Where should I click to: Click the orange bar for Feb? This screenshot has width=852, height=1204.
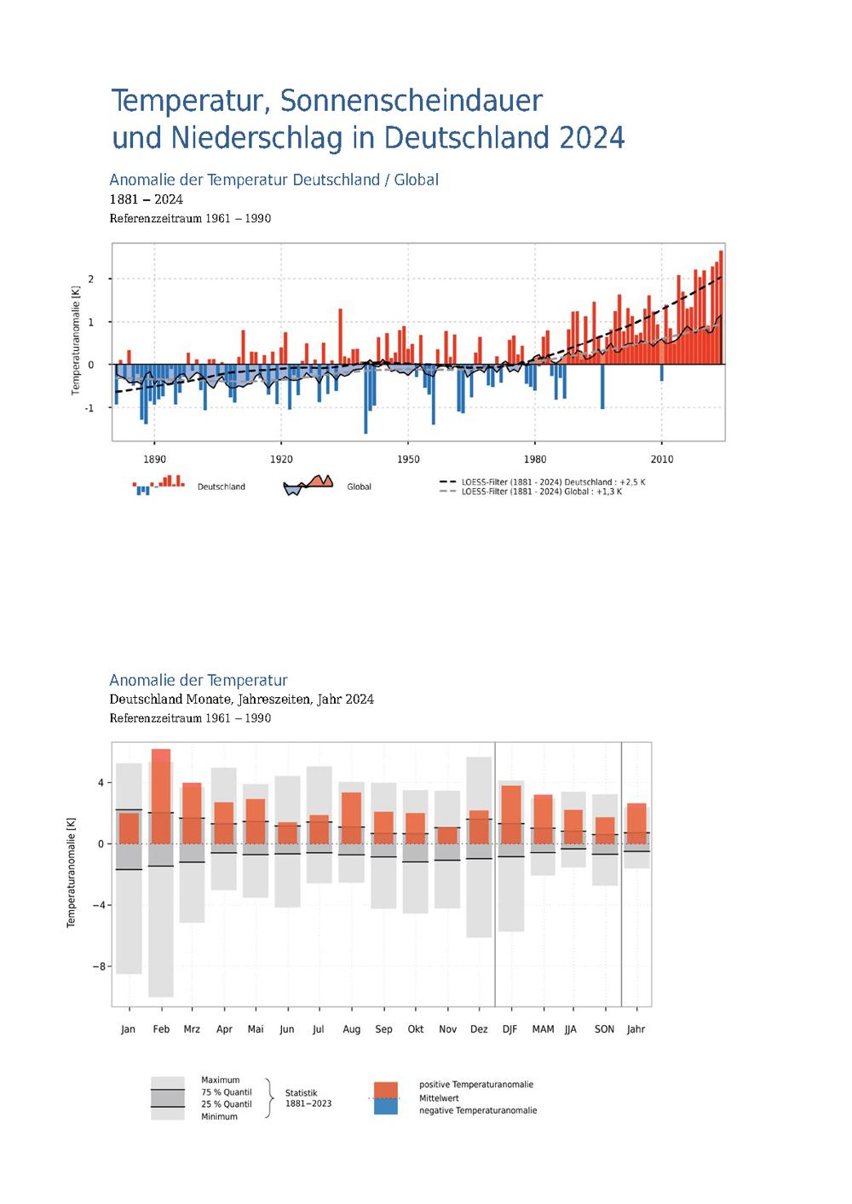pos(161,796)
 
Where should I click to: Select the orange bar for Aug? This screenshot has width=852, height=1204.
pos(352,818)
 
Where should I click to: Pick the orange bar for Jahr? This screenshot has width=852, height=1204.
pos(636,823)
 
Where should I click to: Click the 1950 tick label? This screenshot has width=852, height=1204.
pos(408,459)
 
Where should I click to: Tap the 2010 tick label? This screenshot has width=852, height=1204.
pos(662,459)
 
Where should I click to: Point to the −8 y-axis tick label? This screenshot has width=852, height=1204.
pos(98,966)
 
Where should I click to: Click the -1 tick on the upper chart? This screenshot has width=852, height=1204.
pos(89,408)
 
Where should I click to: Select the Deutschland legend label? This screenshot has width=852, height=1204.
pos(221,487)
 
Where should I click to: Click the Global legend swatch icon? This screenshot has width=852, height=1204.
pos(308,485)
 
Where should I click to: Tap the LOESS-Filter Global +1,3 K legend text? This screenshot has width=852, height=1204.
pos(541,492)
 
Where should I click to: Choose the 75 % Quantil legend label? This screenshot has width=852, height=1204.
pos(227,1092)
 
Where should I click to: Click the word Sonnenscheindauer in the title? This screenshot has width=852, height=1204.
pos(412,101)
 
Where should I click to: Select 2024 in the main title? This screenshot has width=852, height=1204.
pos(592,137)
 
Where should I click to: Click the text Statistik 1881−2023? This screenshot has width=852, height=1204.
pos(308,1098)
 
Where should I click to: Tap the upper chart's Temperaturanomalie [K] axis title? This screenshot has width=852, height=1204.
pos(75,341)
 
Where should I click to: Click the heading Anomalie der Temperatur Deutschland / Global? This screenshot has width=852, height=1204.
pos(274,180)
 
